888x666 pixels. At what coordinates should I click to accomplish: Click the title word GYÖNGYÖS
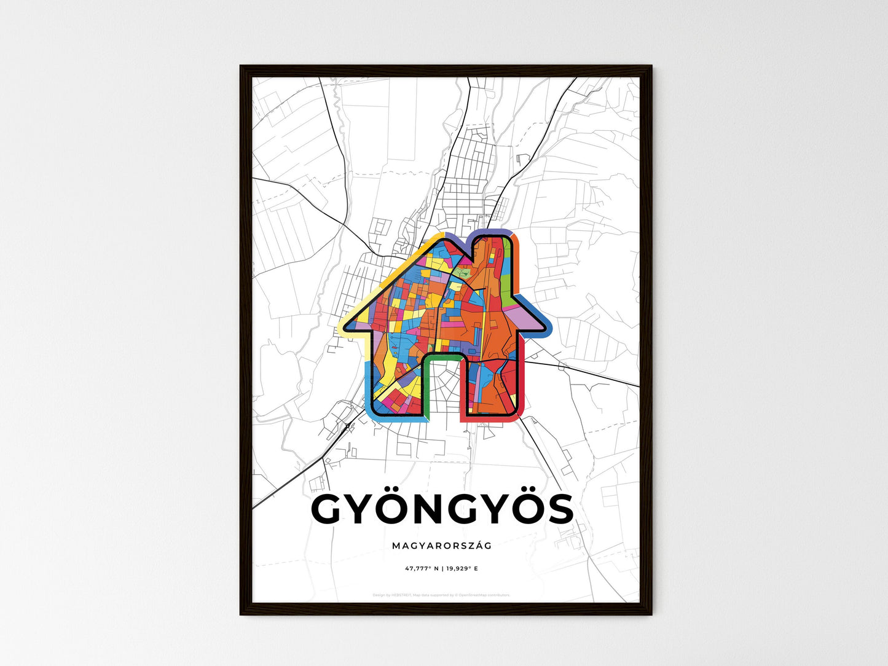click(x=442, y=509)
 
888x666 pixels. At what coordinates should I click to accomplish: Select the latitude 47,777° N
click(x=422, y=569)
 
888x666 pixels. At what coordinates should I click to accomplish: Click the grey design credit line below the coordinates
click(x=442, y=595)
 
